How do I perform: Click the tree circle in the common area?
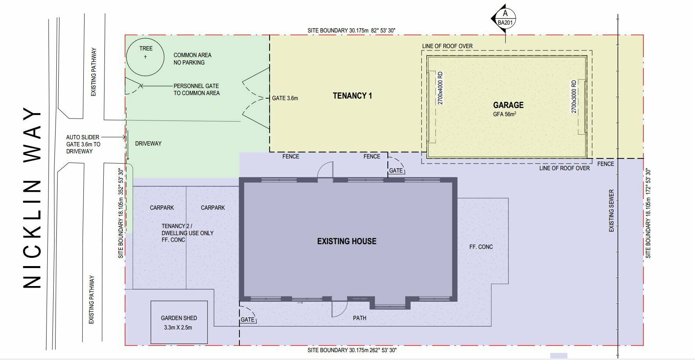(145, 39)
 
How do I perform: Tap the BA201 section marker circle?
(506, 18)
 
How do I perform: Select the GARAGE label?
(508, 105)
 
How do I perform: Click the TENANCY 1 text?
(352, 95)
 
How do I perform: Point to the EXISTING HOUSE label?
(347, 241)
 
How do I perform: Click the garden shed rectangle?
(179, 301)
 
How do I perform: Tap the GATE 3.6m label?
(285, 98)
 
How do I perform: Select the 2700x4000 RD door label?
(440, 88)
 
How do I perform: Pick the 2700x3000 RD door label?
(574, 97)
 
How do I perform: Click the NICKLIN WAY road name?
(32, 198)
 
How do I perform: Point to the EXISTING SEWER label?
(611, 211)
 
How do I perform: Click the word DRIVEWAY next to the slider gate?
(148, 144)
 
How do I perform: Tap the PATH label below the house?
(360, 318)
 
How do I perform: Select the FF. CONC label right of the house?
(481, 247)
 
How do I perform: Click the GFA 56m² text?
(505, 115)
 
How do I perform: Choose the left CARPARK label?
(162, 208)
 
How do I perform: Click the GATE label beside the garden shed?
(247, 320)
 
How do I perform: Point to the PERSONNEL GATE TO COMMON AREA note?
(196, 90)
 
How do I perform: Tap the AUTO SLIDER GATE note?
(83, 144)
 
